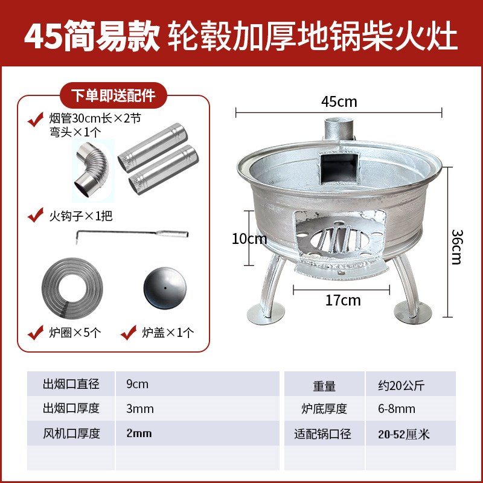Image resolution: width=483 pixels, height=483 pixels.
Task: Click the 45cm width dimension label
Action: [x=339, y=101]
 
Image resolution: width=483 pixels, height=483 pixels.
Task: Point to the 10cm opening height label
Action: [x=249, y=240]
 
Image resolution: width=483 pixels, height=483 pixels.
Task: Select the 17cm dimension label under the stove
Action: [x=342, y=299]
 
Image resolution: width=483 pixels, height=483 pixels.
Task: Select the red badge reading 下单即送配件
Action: [x=114, y=96]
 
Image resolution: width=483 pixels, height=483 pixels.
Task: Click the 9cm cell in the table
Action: [x=138, y=384]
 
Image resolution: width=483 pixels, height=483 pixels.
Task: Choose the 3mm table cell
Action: [x=140, y=409]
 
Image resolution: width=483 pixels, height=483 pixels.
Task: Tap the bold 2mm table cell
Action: [x=140, y=433]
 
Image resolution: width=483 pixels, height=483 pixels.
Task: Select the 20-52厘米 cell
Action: [x=400, y=433]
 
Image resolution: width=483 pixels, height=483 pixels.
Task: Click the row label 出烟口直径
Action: [x=71, y=384]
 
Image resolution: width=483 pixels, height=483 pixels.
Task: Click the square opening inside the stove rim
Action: [x=338, y=167]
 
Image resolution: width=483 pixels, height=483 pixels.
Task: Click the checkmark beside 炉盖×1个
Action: [x=128, y=332]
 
